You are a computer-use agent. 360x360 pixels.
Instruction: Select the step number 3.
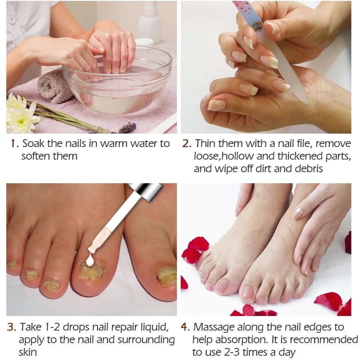click(11, 327)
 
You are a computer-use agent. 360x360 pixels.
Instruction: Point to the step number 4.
click(185, 327)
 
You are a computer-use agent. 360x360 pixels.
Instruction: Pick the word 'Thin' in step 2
click(206, 144)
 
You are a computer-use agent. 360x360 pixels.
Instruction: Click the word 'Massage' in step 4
click(214, 328)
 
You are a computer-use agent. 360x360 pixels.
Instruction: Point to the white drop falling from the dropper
click(90, 261)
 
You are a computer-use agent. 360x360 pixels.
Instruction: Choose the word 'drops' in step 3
click(74, 328)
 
